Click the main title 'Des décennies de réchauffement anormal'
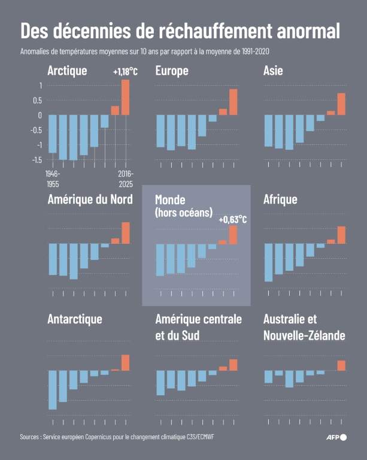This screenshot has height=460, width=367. pyautogui.click(x=180, y=31)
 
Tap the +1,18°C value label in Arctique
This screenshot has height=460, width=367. pyautogui.click(x=125, y=72)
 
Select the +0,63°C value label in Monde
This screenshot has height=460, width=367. pyautogui.click(x=233, y=220)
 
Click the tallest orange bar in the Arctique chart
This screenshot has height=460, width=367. pyautogui.click(x=125, y=97)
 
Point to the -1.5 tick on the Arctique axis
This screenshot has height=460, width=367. pyautogui.click(x=37, y=159)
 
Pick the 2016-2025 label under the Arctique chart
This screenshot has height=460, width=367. pyautogui.click(x=125, y=178)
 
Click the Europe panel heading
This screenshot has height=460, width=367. pyautogui.click(x=172, y=71)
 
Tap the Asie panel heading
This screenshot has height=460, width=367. pyautogui.click(x=273, y=71)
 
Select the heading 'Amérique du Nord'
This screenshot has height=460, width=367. pyautogui.click(x=90, y=199)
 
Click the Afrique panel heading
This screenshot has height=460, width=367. pyautogui.click(x=280, y=199)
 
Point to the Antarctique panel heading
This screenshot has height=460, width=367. pyautogui.click(x=75, y=319)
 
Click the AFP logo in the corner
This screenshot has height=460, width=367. pyautogui.click(x=336, y=437)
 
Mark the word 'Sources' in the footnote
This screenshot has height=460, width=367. pyautogui.click(x=32, y=437)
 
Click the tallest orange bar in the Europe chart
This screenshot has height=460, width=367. pyautogui.click(x=233, y=102)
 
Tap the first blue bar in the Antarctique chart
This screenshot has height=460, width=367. pyautogui.click(x=53, y=389)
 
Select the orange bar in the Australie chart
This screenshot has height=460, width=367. pyautogui.click(x=341, y=365)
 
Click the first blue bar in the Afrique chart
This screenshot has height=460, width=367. pyautogui.click(x=268, y=262)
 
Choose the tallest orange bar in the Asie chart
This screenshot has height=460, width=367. pyautogui.click(x=341, y=104)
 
